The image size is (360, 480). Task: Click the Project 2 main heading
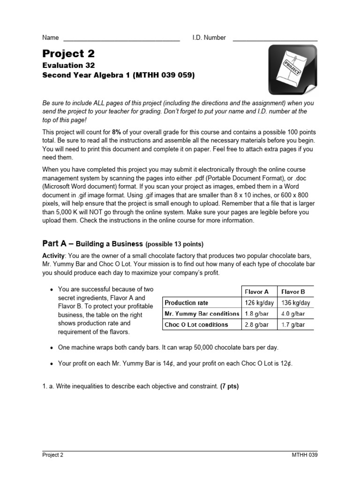[x=68, y=54]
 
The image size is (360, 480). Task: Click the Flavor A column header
[x=258, y=292]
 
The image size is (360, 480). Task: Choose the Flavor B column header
[x=295, y=292]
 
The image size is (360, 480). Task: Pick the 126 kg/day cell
[x=258, y=303]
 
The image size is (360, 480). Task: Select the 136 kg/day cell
[x=295, y=303]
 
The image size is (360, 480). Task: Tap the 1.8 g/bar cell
[x=258, y=314]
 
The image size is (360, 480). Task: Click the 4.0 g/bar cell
[x=295, y=314]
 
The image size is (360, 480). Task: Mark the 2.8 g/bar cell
[x=258, y=324]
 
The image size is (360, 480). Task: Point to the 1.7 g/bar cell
[x=295, y=324]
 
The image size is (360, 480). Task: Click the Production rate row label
[x=187, y=303]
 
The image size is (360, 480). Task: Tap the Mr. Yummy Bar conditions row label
[x=202, y=314]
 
